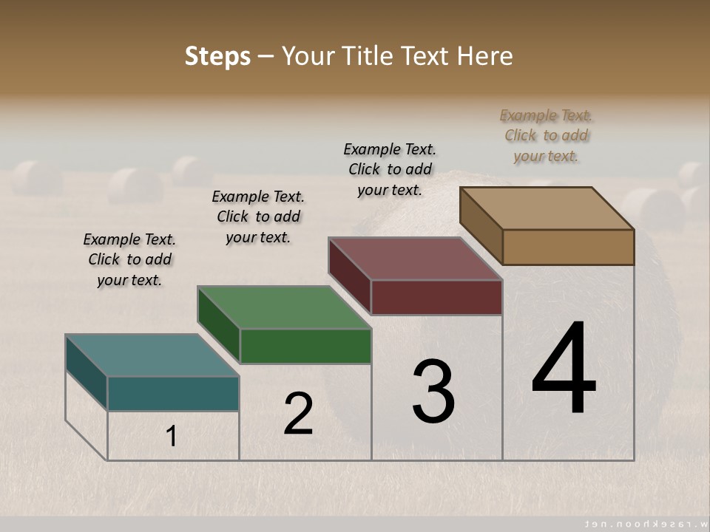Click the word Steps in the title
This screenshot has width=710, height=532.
coord(217,56)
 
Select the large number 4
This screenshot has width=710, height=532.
coord(564,369)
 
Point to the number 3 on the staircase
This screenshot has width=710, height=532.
coord(433,392)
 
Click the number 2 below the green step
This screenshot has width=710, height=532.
coord(299,414)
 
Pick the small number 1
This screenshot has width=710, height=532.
coord(172,436)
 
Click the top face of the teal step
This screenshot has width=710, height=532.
coord(152,355)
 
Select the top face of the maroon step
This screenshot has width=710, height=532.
coord(416,259)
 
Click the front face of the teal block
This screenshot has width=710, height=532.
coord(173,393)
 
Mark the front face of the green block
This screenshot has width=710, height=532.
coord(305,346)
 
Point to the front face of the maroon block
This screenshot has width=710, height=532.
coord(436,297)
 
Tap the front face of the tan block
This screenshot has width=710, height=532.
coord(568,247)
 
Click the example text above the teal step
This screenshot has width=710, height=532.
coord(129,260)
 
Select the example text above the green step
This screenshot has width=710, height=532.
coord(258,216)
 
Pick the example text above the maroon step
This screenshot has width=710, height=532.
coord(390,169)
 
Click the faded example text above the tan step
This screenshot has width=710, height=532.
coord(546,136)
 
